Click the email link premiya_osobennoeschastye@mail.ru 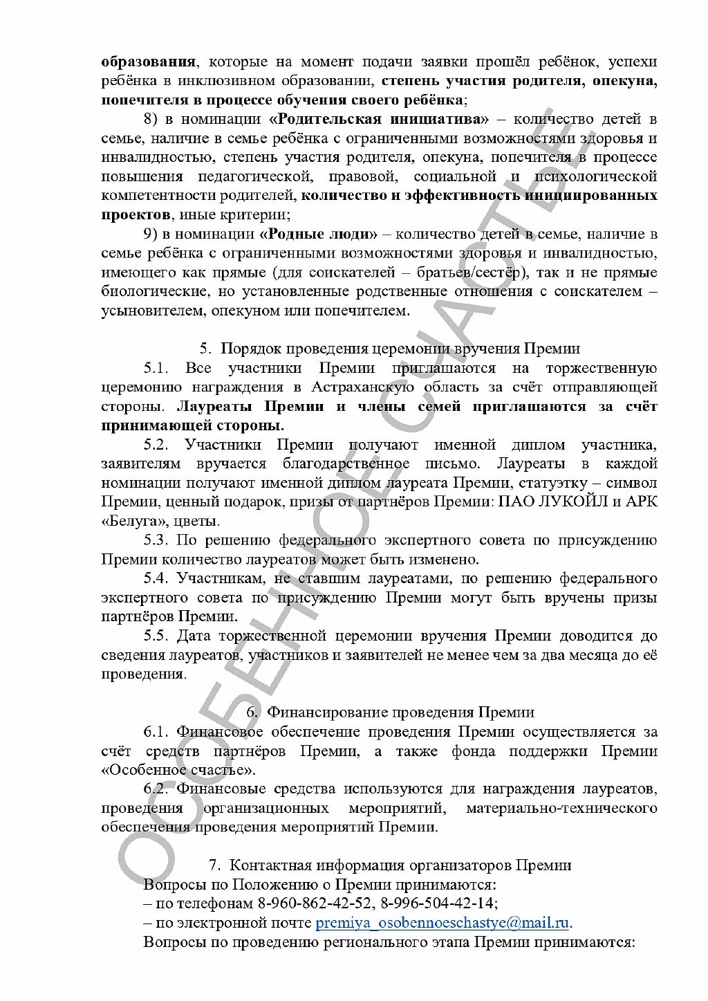point(442,923)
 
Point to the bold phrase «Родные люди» point(318,233)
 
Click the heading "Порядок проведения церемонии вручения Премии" point(400,349)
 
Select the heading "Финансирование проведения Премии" point(401,713)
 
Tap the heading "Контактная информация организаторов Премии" point(400,865)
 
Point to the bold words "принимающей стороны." point(193,425)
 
